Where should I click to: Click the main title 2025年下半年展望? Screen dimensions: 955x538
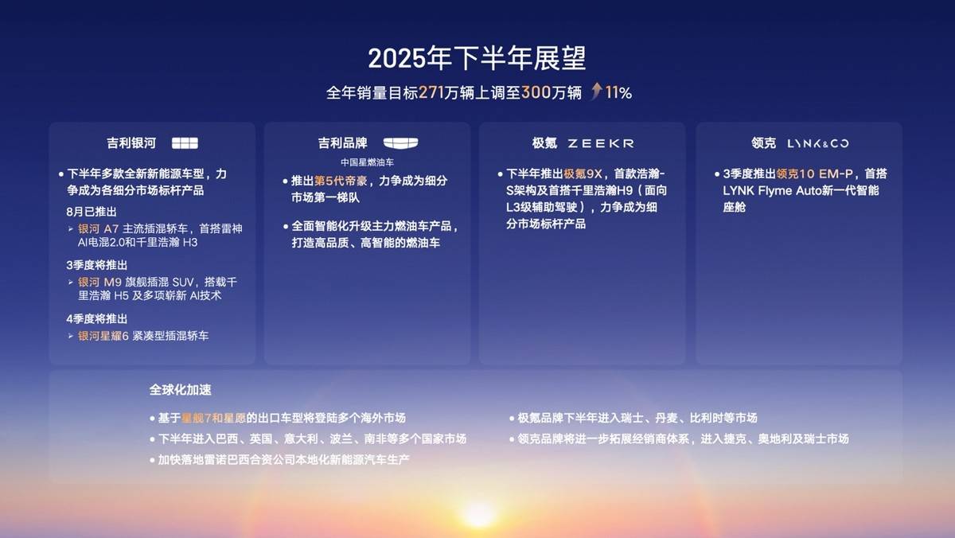pyautogui.click(x=477, y=58)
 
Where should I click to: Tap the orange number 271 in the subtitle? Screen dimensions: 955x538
pyautogui.click(x=431, y=92)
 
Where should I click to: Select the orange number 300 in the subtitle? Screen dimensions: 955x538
pyautogui.click(x=536, y=92)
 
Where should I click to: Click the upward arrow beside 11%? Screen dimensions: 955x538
pyautogui.click(x=597, y=91)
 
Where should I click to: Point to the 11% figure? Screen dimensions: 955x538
pyautogui.click(x=618, y=92)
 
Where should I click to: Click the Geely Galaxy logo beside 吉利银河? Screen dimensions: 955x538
pyautogui.click(x=185, y=143)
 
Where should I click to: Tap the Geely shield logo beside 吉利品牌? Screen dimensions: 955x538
pyautogui.click(x=400, y=143)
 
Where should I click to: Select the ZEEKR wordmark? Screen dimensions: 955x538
pyautogui.click(x=601, y=144)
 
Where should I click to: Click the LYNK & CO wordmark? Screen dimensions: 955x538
pyautogui.click(x=818, y=144)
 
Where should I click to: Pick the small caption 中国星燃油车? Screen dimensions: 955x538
pyautogui.click(x=367, y=162)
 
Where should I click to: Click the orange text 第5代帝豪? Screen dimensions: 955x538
pyautogui.click(x=341, y=181)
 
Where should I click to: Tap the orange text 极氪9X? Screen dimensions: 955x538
pyautogui.click(x=583, y=174)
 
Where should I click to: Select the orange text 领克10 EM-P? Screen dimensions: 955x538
pyautogui.click(x=814, y=174)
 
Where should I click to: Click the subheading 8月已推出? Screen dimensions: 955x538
pyautogui.click(x=92, y=212)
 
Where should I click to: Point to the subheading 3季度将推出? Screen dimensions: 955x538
pyautogui.click(x=97, y=265)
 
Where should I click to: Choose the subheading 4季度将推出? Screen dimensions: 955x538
pyautogui.click(x=97, y=319)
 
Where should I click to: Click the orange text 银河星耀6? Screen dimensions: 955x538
pyautogui.click(x=103, y=336)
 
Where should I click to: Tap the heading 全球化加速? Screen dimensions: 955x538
pyautogui.click(x=181, y=390)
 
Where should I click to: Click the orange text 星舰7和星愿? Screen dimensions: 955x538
pyautogui.click(x=213, y=418)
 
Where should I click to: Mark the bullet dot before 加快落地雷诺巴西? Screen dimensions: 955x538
pyautogui.click(x=152, y=461)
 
